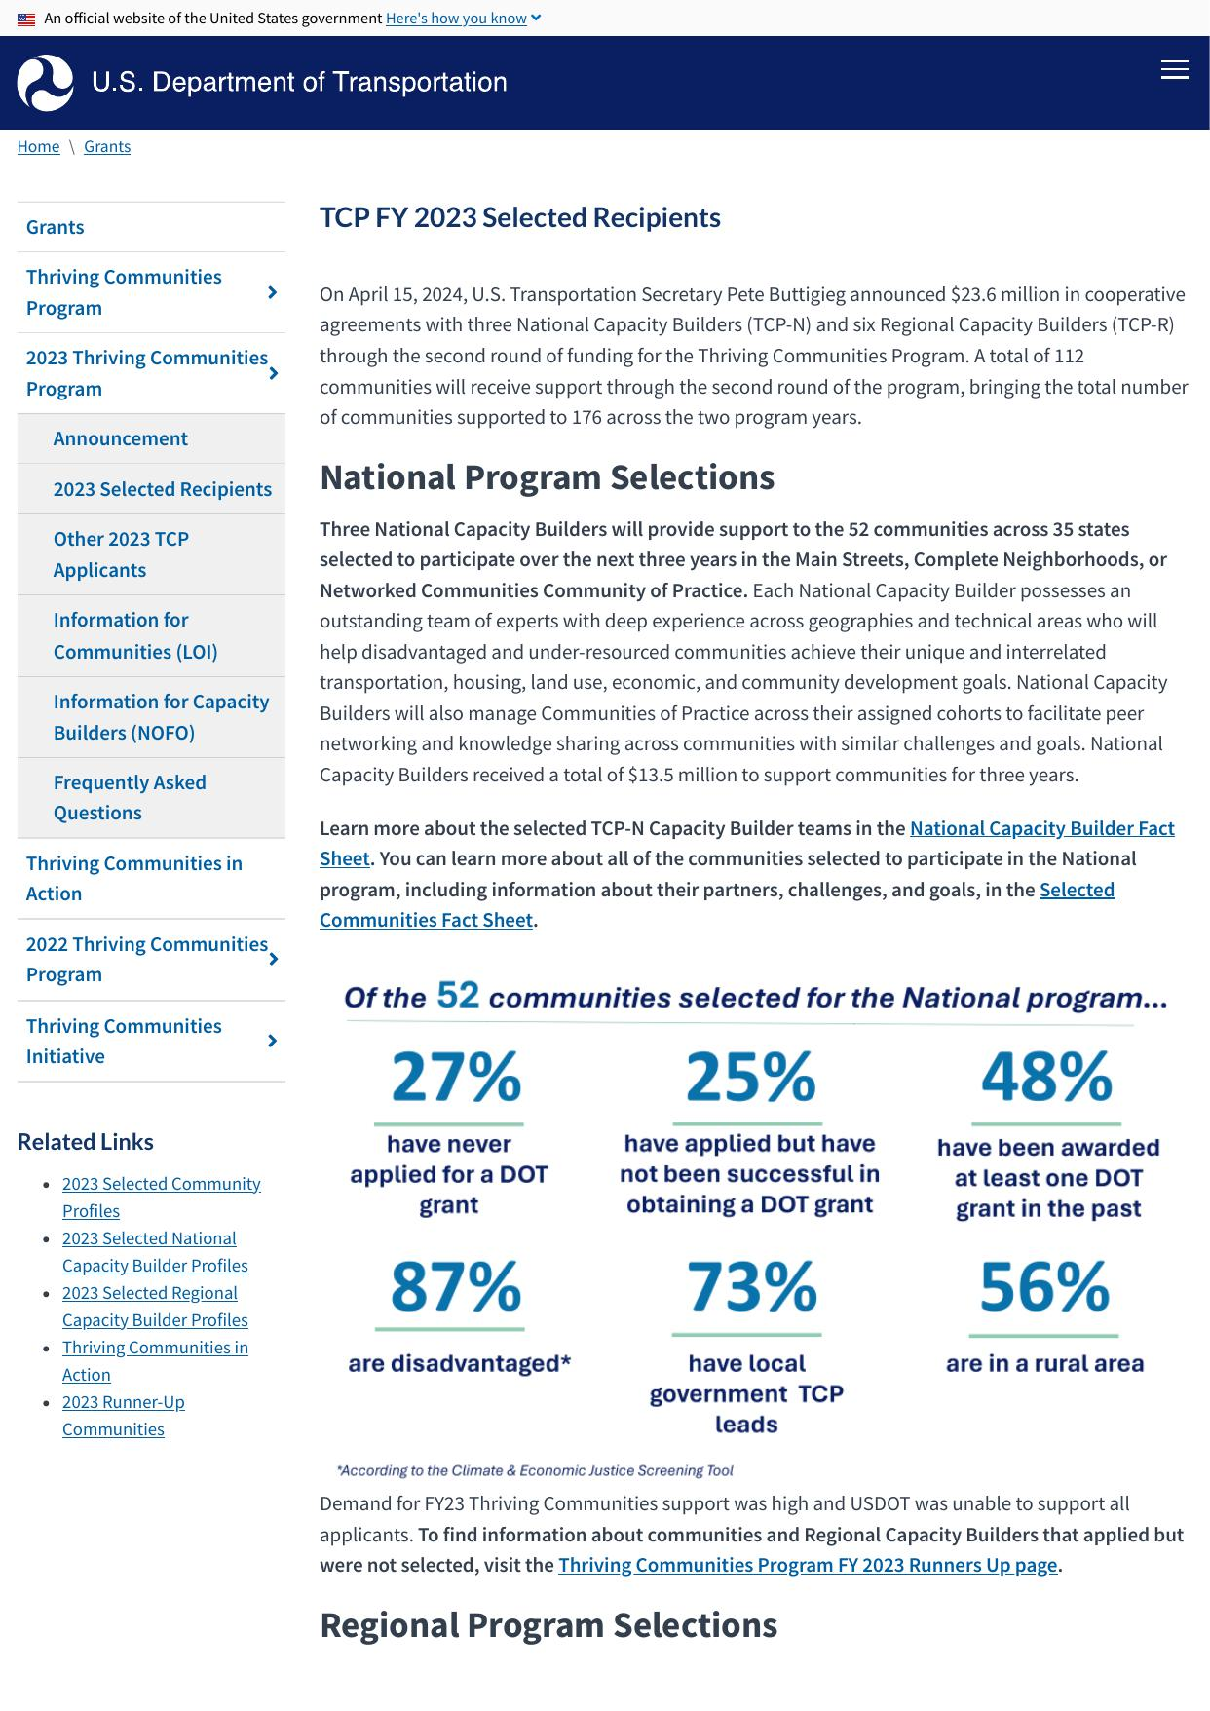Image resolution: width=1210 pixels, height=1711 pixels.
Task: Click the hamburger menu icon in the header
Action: pos(1174,70)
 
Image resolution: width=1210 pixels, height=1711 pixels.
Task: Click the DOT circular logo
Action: pos(45,83)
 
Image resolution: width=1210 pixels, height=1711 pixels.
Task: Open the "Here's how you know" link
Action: pos(456,19)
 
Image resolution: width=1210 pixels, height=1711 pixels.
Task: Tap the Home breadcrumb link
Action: pos(38,146)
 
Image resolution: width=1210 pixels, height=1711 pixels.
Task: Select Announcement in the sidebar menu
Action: pos(120,438)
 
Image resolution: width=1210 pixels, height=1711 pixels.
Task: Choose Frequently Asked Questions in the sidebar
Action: pos(129,797)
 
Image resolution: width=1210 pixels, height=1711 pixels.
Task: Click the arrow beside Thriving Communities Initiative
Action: pos(273,1041)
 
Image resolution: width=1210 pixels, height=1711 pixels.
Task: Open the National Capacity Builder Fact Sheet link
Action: pos(1041,828)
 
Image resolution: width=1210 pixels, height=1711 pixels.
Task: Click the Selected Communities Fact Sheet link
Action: pos(426,920)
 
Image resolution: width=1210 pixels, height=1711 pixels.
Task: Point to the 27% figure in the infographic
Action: pos(456,1078)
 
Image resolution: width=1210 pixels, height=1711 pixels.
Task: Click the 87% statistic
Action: pos(456,1287)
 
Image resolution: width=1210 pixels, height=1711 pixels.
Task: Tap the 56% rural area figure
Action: pos(1044,1287)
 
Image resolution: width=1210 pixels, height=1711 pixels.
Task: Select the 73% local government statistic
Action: pos(750,1287)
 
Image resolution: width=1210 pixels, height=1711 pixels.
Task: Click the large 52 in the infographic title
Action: pos(458,995)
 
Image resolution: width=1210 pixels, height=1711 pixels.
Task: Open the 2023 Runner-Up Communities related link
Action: pos(123,1416)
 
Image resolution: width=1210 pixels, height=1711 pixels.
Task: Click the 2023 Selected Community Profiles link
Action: pos(161,1197)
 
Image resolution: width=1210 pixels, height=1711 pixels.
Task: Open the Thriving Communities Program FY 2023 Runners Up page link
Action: pos(807,1565)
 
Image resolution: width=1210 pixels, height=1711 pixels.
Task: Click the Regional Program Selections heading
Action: pos(548,1625)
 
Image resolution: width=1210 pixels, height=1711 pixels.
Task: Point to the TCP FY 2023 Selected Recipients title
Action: pos(520,217)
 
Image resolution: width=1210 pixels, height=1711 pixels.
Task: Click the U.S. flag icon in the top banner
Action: pos(26,19)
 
